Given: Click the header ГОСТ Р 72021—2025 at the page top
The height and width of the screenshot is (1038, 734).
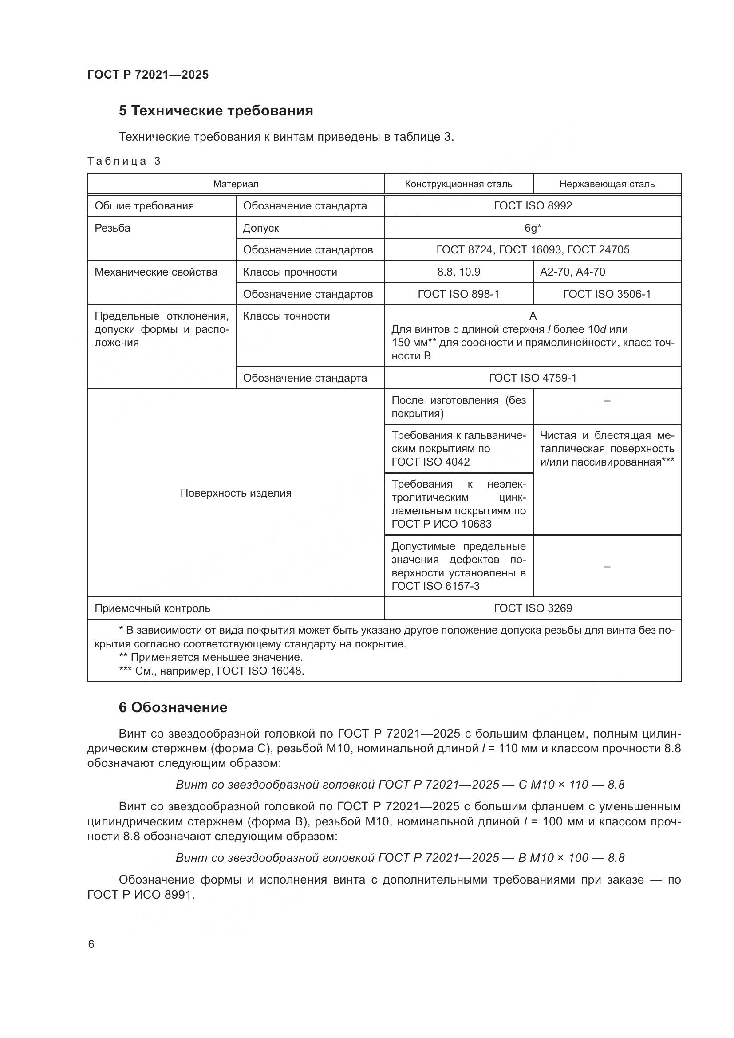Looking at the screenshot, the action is (148, 75).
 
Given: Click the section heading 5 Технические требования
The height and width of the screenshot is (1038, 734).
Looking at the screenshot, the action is (216, 111).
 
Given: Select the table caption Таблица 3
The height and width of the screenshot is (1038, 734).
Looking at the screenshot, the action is (124, 161).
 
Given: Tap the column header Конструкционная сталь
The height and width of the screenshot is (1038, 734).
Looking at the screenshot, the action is (458, 184).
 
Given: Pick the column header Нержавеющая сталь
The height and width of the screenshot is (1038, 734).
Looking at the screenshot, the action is (607, 184).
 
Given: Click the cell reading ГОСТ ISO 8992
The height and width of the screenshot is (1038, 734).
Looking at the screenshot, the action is (533, 206).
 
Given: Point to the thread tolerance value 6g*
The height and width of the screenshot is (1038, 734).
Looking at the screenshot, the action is (533, 228).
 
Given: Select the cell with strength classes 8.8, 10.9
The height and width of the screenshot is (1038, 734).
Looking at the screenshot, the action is (458, 272).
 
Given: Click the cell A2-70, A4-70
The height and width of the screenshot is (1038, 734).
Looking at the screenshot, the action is (572, 272).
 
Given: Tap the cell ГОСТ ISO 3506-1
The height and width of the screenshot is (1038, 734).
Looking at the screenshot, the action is (607, 294).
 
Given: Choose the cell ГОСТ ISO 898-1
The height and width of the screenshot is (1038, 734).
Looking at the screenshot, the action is (458, 294).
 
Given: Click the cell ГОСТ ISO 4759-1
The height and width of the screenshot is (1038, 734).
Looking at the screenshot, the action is (533, 378).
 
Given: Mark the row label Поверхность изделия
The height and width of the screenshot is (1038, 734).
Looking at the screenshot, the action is (236, 493).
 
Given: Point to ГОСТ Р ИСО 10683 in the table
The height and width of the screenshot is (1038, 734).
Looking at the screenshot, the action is (441, 524).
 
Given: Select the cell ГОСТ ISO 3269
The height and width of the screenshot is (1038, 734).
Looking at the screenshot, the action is (533, 608).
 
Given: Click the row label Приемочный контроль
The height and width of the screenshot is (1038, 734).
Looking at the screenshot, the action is (152, 608).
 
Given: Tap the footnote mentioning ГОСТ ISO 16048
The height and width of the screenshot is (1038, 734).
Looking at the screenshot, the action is (212, 671).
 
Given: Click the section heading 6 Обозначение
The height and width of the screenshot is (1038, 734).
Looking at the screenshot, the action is (173, 707).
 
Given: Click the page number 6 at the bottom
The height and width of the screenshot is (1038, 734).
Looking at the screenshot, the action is (91, 944).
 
